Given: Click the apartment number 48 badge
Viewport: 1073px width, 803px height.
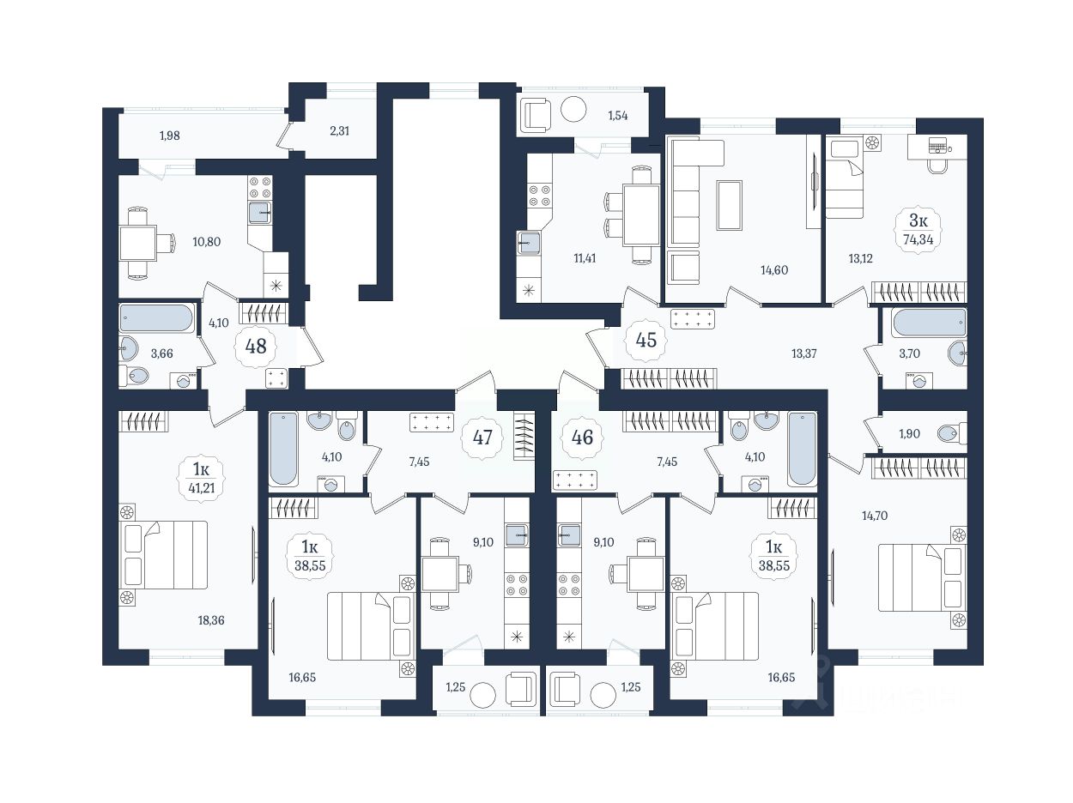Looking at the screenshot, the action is [256, 347].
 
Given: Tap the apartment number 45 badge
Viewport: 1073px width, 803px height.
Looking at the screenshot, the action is [646, 340].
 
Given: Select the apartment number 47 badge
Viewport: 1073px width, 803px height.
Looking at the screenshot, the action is [482, 438].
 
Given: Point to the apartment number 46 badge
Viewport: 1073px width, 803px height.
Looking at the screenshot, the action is [582, 438].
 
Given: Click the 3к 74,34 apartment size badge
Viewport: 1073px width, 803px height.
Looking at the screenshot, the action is [918, 230].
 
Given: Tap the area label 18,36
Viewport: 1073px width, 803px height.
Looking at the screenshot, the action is [211, 620].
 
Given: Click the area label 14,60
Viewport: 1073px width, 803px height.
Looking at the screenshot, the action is [774, 269].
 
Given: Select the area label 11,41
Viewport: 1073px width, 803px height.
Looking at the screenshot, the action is [585, 258].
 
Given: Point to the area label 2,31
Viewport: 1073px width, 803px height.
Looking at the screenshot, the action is [339, 131].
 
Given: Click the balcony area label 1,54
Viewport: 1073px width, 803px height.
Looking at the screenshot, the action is [618, 116].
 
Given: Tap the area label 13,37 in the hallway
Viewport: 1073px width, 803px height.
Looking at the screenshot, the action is [804, 353].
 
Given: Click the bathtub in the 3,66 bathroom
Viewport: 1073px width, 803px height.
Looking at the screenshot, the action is [156, 318].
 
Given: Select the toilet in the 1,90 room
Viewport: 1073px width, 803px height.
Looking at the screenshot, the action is [952, 433].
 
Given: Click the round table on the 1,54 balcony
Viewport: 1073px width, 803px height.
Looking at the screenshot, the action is [573, 110].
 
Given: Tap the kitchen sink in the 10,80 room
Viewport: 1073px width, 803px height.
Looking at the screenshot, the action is [260, 213].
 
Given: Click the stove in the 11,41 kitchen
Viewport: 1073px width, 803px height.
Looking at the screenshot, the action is [540, 196].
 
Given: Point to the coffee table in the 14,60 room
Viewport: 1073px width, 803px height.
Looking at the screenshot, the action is [730, 205].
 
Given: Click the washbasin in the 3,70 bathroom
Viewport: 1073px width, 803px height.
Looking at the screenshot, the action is [957, 353].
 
